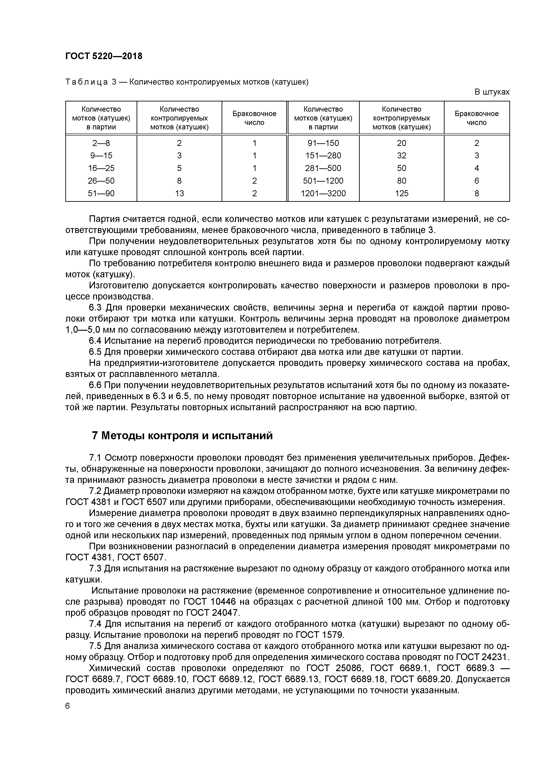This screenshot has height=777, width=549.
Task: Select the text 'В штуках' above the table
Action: point(492,92)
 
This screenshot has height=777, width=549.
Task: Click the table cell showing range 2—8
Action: point(101,143)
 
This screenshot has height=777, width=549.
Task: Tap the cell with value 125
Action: point(402,193)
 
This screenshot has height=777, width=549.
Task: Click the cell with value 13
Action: point(179,193)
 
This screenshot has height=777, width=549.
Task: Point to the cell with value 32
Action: point(402,156)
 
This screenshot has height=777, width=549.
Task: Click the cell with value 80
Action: point(402,181)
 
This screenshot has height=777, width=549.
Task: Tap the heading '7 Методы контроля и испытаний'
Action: point(182,435)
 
